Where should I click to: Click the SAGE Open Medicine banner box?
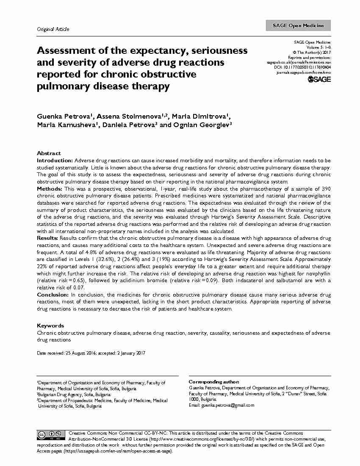298,26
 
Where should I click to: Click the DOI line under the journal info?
302,67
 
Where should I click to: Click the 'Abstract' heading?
49,153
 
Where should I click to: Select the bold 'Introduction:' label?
55,161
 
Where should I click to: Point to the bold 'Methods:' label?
50,188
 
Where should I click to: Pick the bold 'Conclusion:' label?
53,294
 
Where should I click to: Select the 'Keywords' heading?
50,325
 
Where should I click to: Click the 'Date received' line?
91,353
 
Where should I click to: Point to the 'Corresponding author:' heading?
213,382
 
